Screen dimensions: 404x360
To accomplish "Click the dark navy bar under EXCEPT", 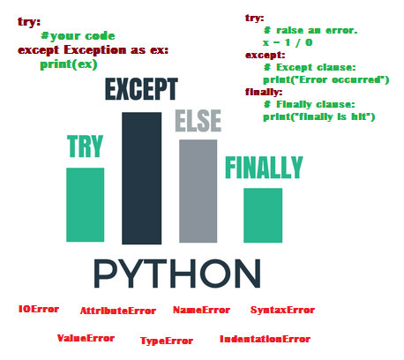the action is (x=142, y=178).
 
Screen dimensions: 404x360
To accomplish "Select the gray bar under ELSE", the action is (x=198, y=191).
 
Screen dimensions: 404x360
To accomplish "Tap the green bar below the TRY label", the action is (x=86, y=205).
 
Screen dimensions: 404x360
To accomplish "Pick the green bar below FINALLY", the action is (x=263, y=215).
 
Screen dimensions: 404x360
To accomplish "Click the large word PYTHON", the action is (x=177, y=274).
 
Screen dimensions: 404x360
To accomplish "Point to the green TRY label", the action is (x=86, y=146).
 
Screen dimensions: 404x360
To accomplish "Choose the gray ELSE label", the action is (x=198, y=121).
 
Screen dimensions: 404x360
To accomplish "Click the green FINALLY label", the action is (x=264, y=168).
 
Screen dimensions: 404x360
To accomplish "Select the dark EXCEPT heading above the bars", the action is (x=141, y=89).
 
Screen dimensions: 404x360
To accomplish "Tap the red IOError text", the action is (x=39, y=309).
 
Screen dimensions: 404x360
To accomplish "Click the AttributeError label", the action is (x=118, y=311).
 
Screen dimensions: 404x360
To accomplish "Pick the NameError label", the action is (x=201, y=310).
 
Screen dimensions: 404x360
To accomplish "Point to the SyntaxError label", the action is (x=282, y=310).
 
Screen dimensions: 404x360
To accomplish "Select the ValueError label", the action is (x=86, y=338).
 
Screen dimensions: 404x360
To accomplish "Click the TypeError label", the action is (x=167, y=341).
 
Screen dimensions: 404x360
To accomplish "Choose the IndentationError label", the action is (x=265, y=339).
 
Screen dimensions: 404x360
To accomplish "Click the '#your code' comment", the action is (x=78, y=36).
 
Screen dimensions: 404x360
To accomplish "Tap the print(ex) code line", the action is (x=69, y=64).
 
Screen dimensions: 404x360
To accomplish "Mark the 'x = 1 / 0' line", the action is (x=288, y=42).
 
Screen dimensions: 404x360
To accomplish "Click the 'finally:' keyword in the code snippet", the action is (x=264, y=93).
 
